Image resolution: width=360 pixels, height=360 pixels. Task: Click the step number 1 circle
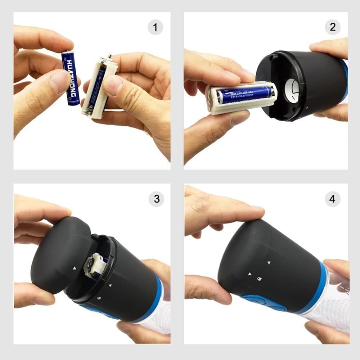[x=155, y=28]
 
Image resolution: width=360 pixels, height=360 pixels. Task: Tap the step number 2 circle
[x=332, y=27]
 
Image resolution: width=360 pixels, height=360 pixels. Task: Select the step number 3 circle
[x=156, y=199]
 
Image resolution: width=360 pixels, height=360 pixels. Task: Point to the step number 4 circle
[x=332, y=199]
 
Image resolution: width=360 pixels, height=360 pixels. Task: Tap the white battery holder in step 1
[x=98, y=88]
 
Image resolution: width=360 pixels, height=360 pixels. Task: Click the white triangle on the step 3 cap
[x=74, y=268]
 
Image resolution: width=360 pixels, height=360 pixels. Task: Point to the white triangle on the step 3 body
[x=110, y=286]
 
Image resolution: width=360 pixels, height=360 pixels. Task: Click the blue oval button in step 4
[x=264, y=303]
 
